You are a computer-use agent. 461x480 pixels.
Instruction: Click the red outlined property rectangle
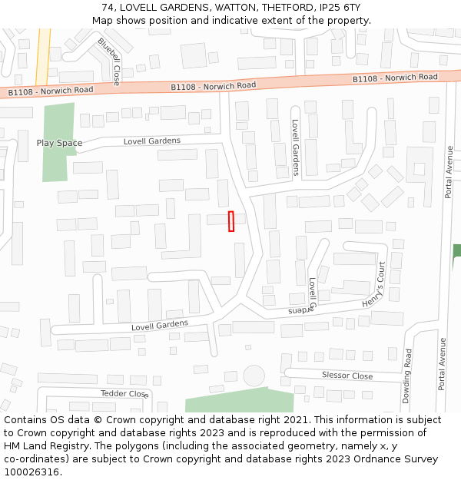pos(230,221)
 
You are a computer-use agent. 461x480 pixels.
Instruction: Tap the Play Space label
pos(59,143)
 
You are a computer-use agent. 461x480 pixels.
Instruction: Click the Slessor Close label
pos(347,376)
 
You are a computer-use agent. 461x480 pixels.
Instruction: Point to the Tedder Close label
pos(124,393)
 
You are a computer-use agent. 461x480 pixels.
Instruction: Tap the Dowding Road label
pos(407,376)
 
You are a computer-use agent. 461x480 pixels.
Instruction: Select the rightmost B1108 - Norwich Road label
pos(395,78)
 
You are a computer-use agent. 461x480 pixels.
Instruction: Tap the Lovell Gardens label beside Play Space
pos(152,141)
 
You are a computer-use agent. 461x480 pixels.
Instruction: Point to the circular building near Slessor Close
pos(253,376)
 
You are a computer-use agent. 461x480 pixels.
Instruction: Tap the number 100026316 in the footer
pos(32,472)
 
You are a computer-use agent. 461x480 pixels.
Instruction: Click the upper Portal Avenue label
pos(449,172)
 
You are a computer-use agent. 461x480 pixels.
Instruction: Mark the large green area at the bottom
pos(239,401)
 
